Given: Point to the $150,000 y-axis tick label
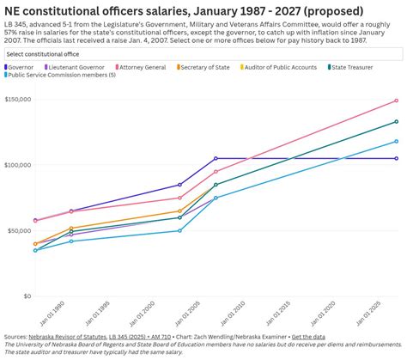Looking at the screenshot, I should tap(16, 100).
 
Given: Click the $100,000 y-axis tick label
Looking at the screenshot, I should tap(16, 165).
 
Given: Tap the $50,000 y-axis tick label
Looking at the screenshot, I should tap(19, 230).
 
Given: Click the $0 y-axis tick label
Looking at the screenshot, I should tap(26, 296).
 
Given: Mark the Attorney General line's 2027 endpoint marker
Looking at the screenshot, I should tap(397, 101).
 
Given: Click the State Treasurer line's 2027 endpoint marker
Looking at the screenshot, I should tap(397, 122).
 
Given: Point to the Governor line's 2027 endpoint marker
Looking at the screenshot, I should tap(397, 158).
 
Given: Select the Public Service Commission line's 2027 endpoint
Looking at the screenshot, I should tap(397, 141).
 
